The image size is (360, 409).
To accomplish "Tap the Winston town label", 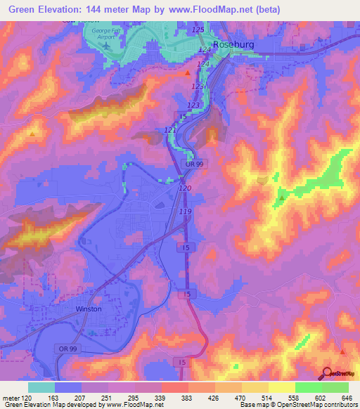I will (89, 309).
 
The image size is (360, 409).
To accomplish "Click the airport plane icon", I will (105, 45).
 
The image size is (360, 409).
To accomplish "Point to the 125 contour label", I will (198, 30).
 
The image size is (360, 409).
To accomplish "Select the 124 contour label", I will (204, 64).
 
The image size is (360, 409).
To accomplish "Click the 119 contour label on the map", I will (186, 211).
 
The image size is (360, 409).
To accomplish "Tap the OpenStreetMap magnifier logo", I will (326, 374).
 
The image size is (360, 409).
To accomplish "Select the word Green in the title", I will (20, 10).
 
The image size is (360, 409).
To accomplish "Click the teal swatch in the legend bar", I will (41, 387).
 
